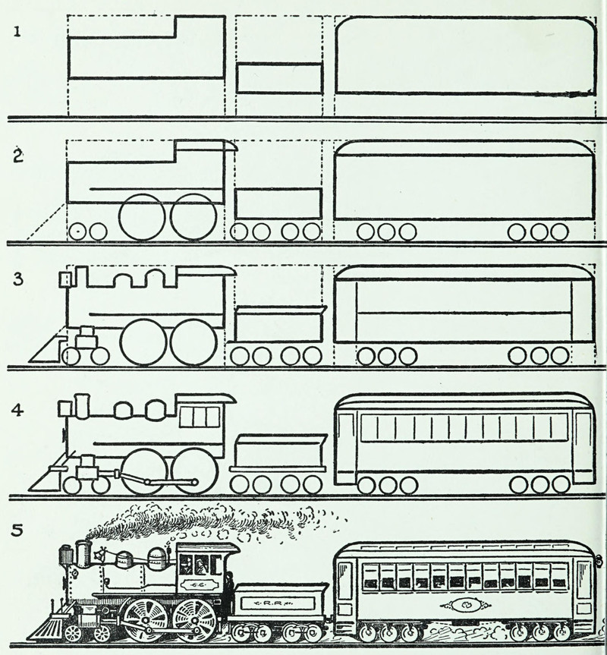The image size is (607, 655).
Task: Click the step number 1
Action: click(16, 32)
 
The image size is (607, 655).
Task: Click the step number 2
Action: click(17, 157)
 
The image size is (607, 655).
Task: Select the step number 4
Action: click(17, 411)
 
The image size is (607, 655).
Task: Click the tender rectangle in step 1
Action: click(279, 78)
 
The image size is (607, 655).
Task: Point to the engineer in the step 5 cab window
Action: click(200, 565)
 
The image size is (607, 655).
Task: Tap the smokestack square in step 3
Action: click(66, 279)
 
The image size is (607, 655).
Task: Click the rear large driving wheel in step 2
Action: click(193, 216)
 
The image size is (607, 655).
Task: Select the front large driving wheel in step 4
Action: click(143, 471)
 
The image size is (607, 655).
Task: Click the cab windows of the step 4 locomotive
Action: click(202, 417)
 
